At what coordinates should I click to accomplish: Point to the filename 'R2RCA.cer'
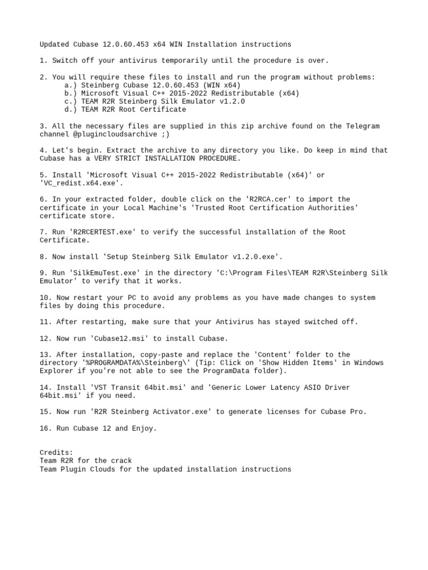[x=264, y=199]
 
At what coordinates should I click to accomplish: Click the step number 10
[x=46, y=298]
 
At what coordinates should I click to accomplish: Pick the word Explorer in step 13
[x=58, y=371]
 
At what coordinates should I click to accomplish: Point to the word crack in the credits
[x=120, y=461]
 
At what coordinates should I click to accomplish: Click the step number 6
[x=43, y=199]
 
